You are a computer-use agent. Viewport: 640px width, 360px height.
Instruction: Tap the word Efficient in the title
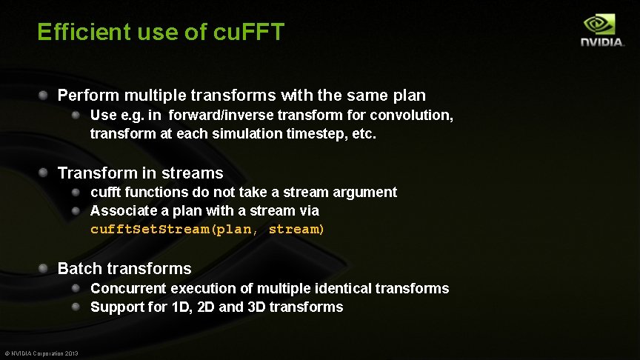(x=81, y=33)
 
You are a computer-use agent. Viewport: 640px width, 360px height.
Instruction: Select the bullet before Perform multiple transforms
(x=44, y=95)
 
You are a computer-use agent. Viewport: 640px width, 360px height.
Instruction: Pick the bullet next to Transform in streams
(x=44, y=173)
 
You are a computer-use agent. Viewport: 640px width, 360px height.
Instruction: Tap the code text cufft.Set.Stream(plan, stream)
(x=207, y=230)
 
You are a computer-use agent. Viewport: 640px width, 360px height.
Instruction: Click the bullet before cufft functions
(x=77, y=192)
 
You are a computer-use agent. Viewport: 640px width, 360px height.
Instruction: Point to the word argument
(x=364, y=193)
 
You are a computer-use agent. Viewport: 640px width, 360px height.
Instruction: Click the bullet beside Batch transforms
(x=44, y=268)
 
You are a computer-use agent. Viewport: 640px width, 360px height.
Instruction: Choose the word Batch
(x=79, y=269)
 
